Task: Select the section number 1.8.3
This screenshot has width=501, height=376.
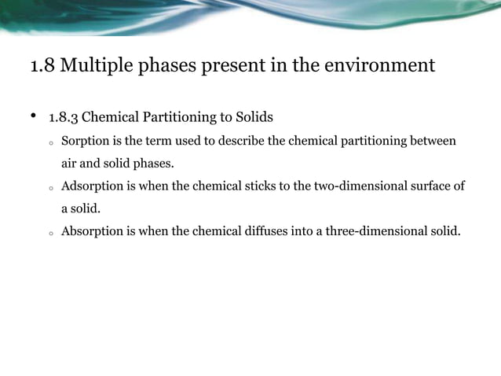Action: (64, 118)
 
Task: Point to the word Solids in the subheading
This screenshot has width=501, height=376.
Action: (254, 118)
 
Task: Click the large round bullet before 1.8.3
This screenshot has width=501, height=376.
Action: (34, 117)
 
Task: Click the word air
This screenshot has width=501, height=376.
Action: (70, 164)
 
